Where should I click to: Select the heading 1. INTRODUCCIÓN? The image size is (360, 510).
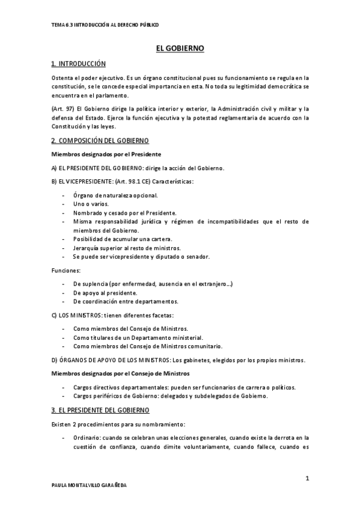[x=79, y=64]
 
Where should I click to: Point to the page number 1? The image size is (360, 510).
[x=307, y=478]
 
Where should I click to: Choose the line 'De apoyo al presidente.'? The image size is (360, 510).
[x=105, y=293]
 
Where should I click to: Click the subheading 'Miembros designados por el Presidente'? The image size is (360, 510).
[x=106, y=155]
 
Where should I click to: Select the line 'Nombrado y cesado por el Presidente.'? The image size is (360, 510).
[x=124, y=213]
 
